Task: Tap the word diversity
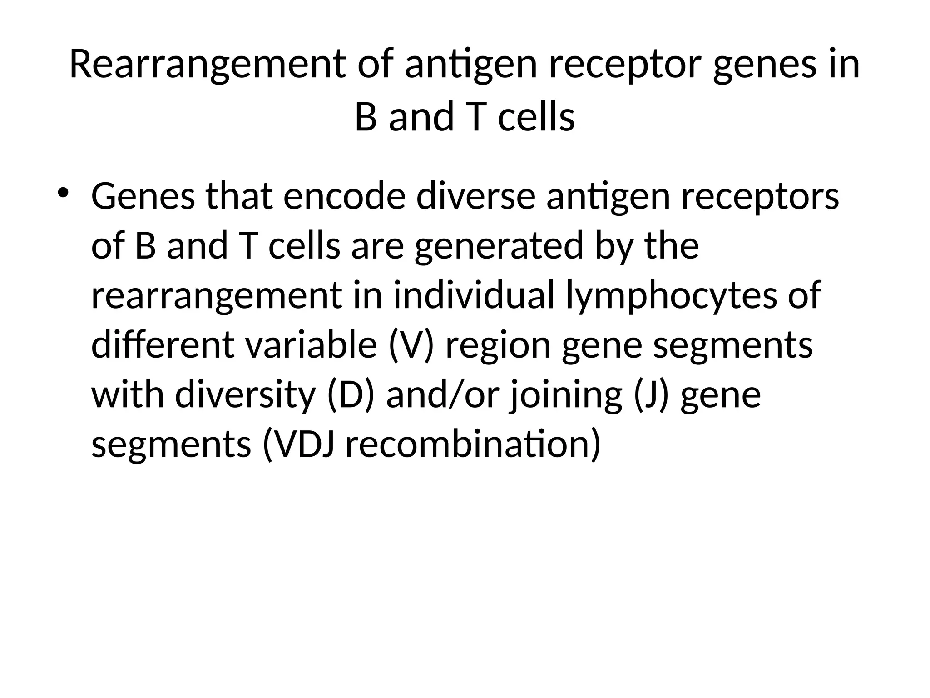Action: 245,395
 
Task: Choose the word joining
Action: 566,396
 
